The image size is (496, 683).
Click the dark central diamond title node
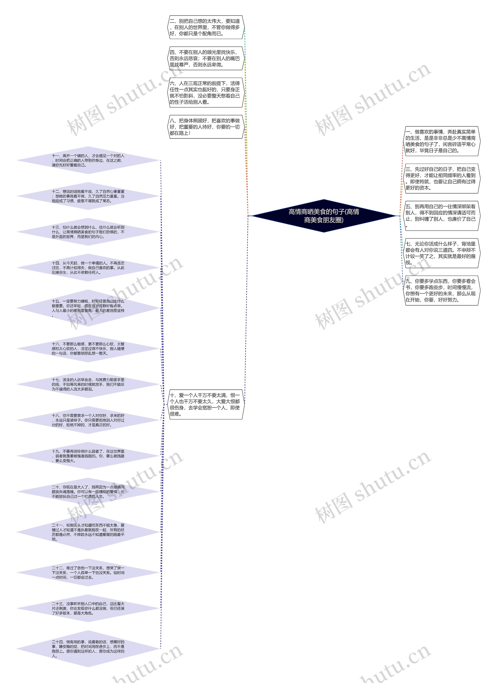tap(324, 216)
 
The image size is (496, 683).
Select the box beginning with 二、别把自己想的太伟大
tap(206, 27)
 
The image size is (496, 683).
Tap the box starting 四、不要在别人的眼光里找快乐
tap(206, 58)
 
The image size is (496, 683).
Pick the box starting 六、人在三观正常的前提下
tap(206, 92)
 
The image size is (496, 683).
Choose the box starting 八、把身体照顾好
tap(206, 127)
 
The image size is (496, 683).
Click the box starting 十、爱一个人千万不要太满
tap(206, 404)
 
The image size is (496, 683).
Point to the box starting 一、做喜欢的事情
tap(441, 141)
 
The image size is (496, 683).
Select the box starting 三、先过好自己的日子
tap(441, 178)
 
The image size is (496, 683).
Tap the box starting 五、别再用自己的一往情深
tap(441, 216)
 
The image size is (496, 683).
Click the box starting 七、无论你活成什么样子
tap(441, 253)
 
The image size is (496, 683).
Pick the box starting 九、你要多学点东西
tap(441, 290)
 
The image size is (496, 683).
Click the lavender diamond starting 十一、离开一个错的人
tap(88, 160)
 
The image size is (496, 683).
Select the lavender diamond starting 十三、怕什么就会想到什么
tap(88, 232)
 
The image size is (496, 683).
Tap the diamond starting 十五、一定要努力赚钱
tap(88, 308)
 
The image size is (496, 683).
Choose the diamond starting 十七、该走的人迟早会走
tap(88, 384)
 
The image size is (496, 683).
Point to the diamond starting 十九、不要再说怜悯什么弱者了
tap(88, 456)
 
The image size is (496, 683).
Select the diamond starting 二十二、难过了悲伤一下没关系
tap(88, 572)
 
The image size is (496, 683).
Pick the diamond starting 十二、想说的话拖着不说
tap(88, 196)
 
